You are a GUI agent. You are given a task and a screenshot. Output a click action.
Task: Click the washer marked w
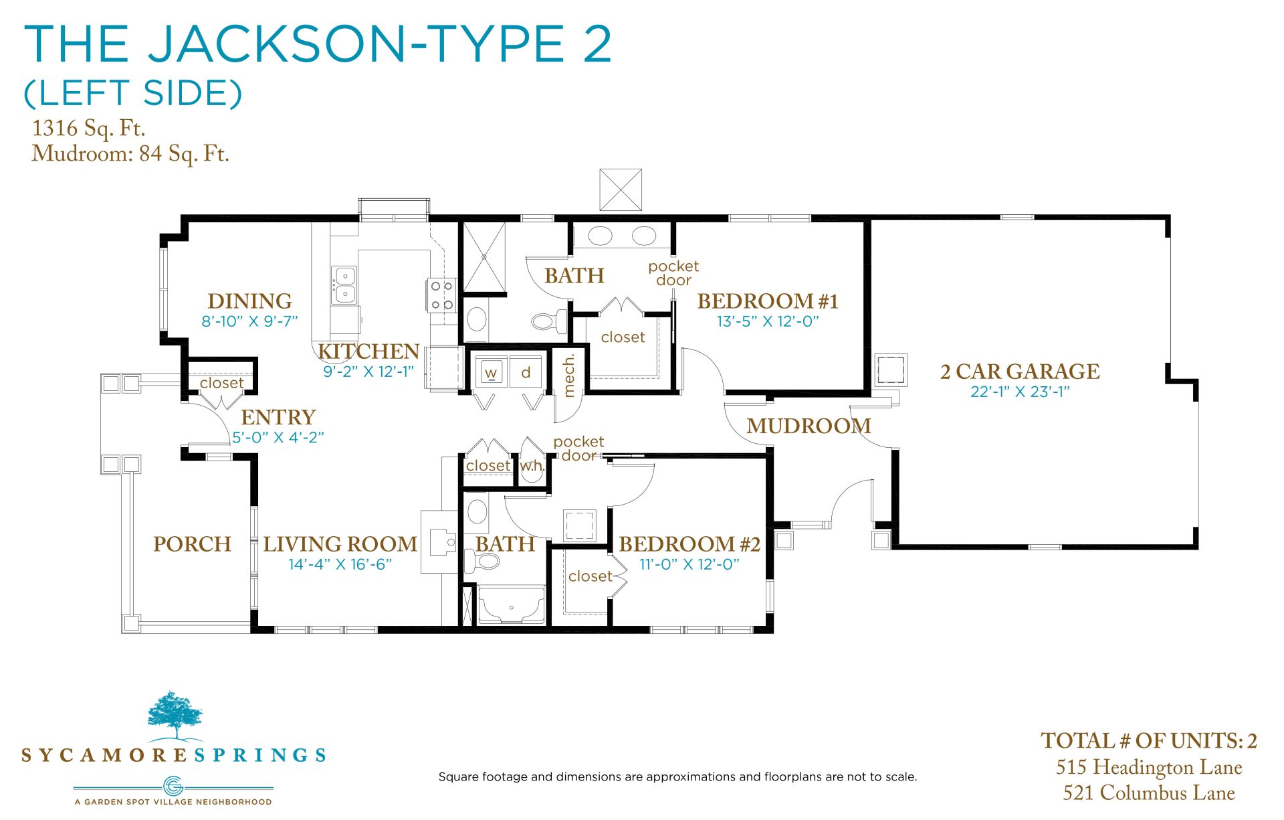point(491,372)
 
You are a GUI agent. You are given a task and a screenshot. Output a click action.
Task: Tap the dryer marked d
point(526,372)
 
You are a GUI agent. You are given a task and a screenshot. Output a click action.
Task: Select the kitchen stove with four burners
point(441,295)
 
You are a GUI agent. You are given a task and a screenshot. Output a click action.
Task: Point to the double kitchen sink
point(344,284)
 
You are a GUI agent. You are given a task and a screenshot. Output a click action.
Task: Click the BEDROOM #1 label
point(768,301)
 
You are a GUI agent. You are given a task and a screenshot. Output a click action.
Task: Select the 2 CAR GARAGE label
point(1020,372)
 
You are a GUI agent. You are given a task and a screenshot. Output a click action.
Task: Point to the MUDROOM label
point(809,426)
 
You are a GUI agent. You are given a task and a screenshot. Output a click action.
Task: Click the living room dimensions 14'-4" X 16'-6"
point(340,564)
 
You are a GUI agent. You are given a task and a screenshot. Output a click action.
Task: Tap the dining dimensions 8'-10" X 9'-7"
point(249,321)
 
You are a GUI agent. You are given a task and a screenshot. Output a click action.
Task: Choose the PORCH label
point(192,544)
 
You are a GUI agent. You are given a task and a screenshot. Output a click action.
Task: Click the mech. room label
point(569,376)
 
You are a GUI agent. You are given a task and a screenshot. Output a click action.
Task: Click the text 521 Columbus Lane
point(1149,793)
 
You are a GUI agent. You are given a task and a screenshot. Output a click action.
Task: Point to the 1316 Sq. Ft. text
point(88,128)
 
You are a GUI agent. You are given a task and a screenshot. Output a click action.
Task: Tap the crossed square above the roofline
point(621,190)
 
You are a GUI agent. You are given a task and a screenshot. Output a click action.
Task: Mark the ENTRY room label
point(278,418)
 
